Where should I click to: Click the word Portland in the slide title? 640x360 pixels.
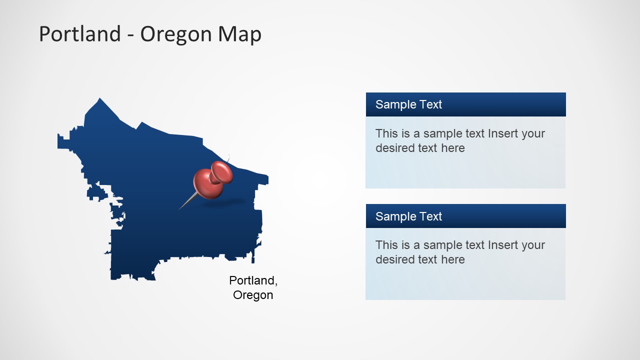click(80, 34)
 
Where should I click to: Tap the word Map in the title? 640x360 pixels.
click(239, 34)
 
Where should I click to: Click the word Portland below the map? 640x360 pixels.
click(252, 280)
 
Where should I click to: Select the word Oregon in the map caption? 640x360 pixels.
click(253, 295)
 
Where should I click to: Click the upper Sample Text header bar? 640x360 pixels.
click(465, 104)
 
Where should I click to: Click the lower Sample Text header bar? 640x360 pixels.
click(465, 216)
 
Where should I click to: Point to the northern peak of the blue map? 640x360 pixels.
click(99, 100)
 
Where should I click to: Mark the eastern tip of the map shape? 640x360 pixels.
click(266, 178)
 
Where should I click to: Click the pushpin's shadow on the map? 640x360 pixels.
click(227, 202)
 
